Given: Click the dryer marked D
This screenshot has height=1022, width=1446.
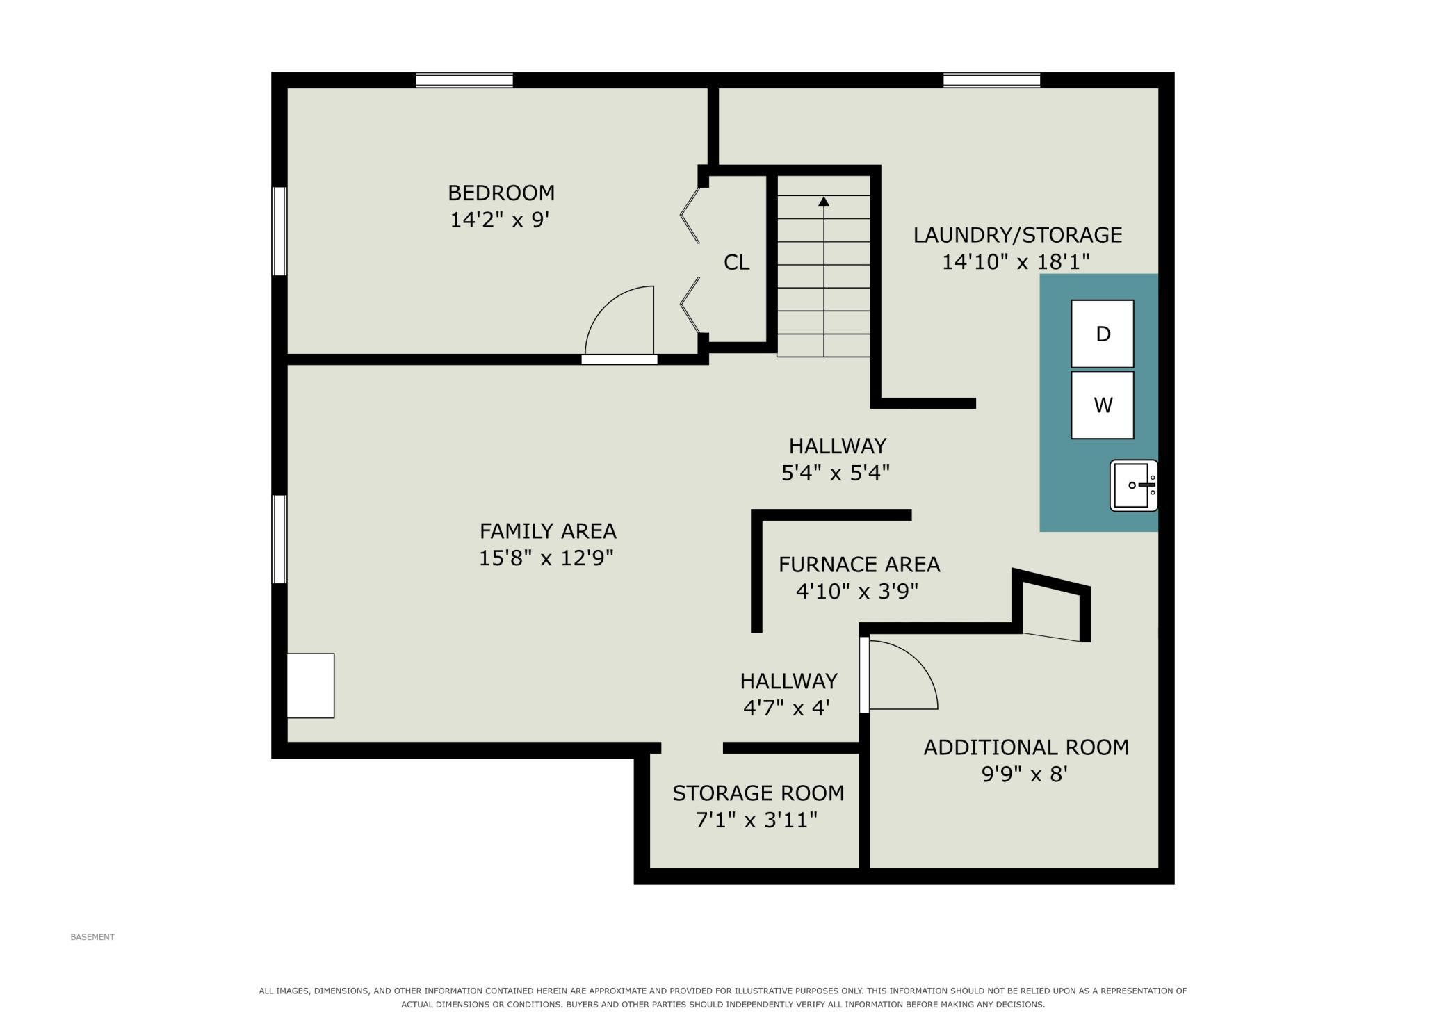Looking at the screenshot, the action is pos(1102,334).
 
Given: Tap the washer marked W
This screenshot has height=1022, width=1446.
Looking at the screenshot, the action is pos(1102,405).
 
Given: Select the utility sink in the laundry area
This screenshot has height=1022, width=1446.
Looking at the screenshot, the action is pos(1133,485).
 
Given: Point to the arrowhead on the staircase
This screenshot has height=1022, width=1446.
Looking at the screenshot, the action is pos(824,202).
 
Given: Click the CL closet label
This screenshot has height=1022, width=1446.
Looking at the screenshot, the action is pos(737,262).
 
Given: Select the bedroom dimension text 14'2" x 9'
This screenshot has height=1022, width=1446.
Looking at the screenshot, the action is pos(500,220).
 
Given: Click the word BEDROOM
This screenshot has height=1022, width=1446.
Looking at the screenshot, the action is pos(501,193).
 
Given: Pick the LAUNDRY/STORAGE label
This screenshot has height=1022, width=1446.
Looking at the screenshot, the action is pos(1018,235).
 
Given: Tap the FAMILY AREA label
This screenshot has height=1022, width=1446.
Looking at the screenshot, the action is pos(548,531).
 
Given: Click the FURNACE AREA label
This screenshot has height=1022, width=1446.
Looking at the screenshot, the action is pos(859,565).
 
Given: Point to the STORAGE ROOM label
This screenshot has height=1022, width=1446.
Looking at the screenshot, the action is pos(758,793).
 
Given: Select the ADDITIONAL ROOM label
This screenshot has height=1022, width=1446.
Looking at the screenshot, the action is pos(1026,747).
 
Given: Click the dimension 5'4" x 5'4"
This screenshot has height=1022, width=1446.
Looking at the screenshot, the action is pos(836,473).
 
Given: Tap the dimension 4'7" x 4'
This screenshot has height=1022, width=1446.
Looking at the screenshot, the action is pos(787,708).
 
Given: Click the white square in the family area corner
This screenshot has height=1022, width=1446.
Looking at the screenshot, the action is pos(311,686).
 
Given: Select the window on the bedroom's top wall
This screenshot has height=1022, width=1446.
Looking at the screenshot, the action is pos(464,80).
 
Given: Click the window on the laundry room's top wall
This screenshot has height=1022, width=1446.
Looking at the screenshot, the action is pos(991,80).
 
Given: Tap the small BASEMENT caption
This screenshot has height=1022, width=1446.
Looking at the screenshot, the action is pos(92,937).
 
